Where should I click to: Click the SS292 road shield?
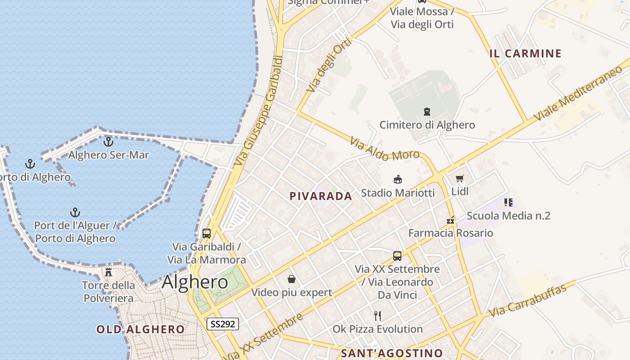point(223,324)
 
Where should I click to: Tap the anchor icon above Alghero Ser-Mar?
point(108,142)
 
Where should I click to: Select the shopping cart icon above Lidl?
point(459,179)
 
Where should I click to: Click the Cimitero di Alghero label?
point(427,125)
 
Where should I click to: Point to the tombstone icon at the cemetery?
point(427,111)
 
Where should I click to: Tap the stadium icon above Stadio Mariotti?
point(398,180)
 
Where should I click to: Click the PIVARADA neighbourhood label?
point(321,196)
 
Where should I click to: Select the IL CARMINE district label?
point(526,54)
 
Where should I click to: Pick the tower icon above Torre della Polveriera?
point(108,272)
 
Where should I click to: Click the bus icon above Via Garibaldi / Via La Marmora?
point(207,234)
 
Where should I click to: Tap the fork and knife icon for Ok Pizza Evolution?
point(378,316)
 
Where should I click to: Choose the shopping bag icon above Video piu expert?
point(292,279)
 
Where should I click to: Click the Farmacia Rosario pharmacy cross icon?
point(450,220)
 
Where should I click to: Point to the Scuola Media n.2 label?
point(508,216)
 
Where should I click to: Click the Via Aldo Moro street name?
point(385,150)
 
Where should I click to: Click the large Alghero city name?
point(195,282)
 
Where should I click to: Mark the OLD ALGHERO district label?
point(140,329)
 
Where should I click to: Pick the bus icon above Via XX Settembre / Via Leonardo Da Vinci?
point(397,256)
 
